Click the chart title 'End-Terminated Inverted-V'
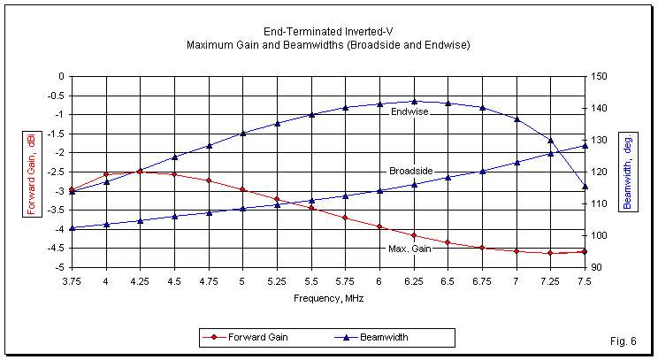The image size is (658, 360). point(328,31)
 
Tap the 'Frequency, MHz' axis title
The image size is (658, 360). point(328,298)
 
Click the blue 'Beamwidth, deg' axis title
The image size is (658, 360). point(627,172)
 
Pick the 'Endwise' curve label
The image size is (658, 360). point(409,111)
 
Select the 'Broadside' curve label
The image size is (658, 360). point(411,171)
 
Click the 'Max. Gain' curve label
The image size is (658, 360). point(409,249)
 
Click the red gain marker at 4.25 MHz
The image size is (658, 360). point(140,172)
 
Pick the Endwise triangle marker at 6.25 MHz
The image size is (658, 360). point(414,102)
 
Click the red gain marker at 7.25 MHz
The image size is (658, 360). point(550,253)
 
